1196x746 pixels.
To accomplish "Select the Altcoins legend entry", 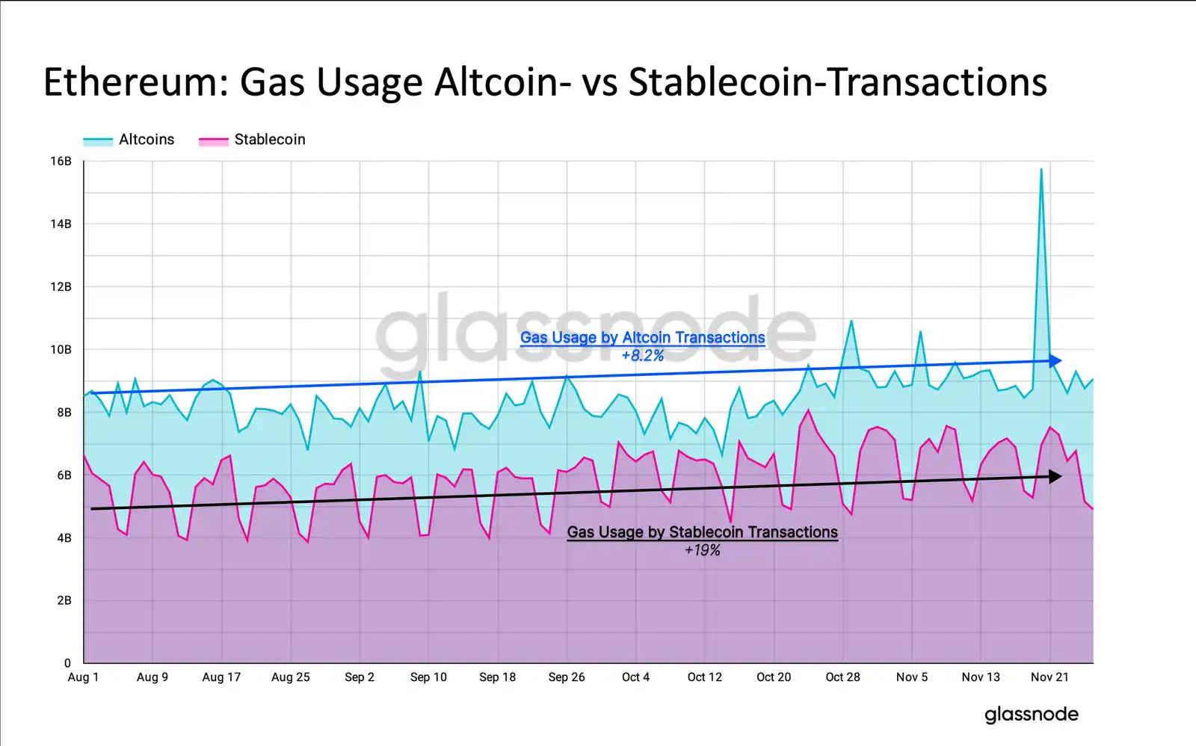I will click(x=146, y=140).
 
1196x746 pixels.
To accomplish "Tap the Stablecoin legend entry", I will click(x=269, y=140).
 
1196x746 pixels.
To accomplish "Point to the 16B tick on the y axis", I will click(x=61, y=161).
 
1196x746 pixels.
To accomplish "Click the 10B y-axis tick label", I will click(x=61, y=350).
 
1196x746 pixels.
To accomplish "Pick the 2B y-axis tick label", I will click(x=64, y=600).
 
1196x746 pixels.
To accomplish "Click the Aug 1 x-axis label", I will click(x=83, y=677).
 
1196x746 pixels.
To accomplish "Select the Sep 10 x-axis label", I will click(x=428, y=677).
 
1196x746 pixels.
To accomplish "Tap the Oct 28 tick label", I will click(x=842, y=677).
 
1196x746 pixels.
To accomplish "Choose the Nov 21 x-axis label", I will click(x=1049, y=677).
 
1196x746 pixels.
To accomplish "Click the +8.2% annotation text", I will click(x=642, y=356).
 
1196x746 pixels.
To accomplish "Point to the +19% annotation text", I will click(x=702, y=550).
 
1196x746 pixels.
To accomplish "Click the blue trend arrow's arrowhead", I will click(x=1055, y=361).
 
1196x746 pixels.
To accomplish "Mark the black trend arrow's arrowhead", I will click(x=1055, y=476).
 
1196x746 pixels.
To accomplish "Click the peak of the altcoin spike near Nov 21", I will click(x=1041, y=170).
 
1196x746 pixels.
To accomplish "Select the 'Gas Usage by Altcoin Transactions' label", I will click(x=642, y=338).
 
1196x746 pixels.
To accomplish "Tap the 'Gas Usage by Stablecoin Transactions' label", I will click(x=702, y=532).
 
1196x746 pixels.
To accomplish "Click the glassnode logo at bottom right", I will click(x=1031, y=715).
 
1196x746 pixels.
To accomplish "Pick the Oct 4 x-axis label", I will click(x=635, y=677).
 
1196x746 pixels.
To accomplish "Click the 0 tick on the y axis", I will click(x=67, y=663).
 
